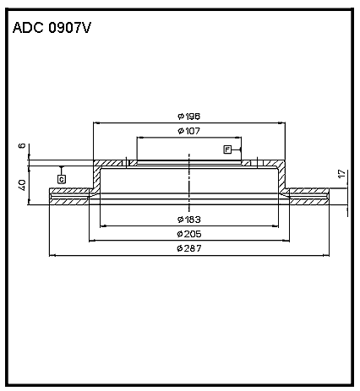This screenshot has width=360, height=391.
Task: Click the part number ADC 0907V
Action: coord(52,28)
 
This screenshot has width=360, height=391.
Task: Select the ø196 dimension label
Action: coord(188,117)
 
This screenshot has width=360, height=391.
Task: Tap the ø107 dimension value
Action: coord(188,131)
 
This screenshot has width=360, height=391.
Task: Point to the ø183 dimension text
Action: coord(189,220)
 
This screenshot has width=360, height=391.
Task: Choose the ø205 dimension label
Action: coord(189,234)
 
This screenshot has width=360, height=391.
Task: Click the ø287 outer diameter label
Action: coord(189,248)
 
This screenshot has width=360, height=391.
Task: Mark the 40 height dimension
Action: coord(22,185)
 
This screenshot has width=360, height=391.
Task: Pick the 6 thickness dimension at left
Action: coord(22,146)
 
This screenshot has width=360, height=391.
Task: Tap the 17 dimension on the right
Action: coord(341,173)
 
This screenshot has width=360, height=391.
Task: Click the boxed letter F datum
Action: coord(227,149)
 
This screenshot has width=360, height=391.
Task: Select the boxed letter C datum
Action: coord(62,179)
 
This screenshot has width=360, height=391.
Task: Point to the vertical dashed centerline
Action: coord(189,182)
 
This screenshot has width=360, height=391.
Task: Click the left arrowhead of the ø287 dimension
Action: coord(52,255)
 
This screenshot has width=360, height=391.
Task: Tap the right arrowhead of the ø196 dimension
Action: coord(281,123)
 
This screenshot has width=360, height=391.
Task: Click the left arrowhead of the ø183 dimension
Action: coord(103,225)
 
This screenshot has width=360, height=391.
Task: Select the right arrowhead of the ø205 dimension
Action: coord(286,241)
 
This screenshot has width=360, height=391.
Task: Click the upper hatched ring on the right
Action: coord(309,191)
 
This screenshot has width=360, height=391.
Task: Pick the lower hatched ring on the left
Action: coord(69,202)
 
